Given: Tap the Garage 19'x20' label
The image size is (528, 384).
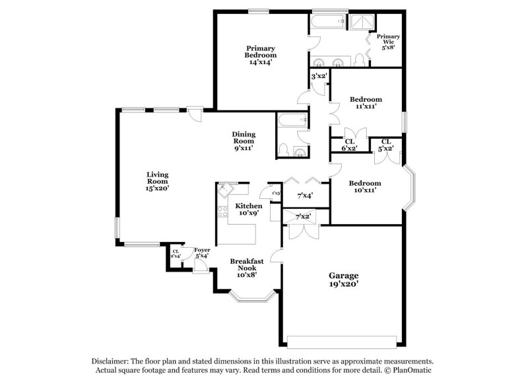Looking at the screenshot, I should pos(344,280).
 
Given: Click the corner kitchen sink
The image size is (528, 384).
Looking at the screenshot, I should pos(225,188).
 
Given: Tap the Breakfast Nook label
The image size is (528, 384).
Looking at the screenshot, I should pos(247,266).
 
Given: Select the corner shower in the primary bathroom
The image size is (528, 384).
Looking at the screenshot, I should pos(360,23).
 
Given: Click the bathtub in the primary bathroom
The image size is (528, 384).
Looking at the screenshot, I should pos(329,23).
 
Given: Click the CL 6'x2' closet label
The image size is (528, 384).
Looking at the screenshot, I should pos(349,145).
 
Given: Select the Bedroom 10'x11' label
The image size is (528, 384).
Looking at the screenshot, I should pos(365,186).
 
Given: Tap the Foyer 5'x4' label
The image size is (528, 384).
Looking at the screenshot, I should pos(202,252).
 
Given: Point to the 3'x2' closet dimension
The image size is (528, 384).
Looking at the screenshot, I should pos(319,76).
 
